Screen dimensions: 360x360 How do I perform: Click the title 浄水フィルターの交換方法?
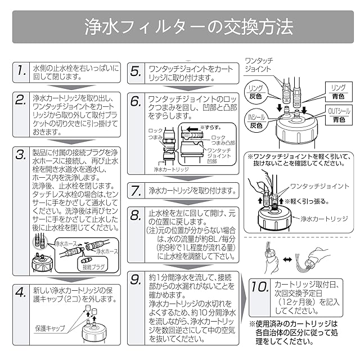pyautogui.click(x=180, y=25)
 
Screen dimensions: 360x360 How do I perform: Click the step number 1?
pyautogui.click(x=21, y=71)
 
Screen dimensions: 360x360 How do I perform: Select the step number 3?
pyautogui.click(x=21, y=155)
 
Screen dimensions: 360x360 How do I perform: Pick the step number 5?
pyautogui.click(x=136, y=71)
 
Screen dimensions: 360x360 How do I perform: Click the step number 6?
pyautogui.click(x=136, y=101)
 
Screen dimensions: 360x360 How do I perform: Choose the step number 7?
pyautogui.click(x=136, y=190)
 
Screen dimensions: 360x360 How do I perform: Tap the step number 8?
pyautogui.click(x=136, y=215)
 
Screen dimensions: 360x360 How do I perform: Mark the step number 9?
pyautogui.click(x=136, y=280)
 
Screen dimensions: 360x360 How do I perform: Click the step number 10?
pyautogui.click(x=259, y=287)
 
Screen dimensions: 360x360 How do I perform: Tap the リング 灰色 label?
pyautogui.click(x=256, y=91)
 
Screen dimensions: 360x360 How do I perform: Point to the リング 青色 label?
pyautogui.click(x=338, y=91)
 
